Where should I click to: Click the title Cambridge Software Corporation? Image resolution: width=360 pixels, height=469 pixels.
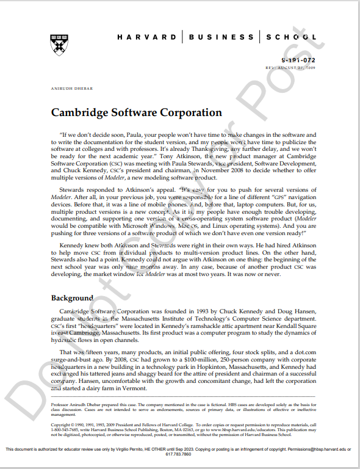(x=136, y=113)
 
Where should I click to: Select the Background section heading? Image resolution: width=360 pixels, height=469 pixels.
(x=72, y=298)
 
